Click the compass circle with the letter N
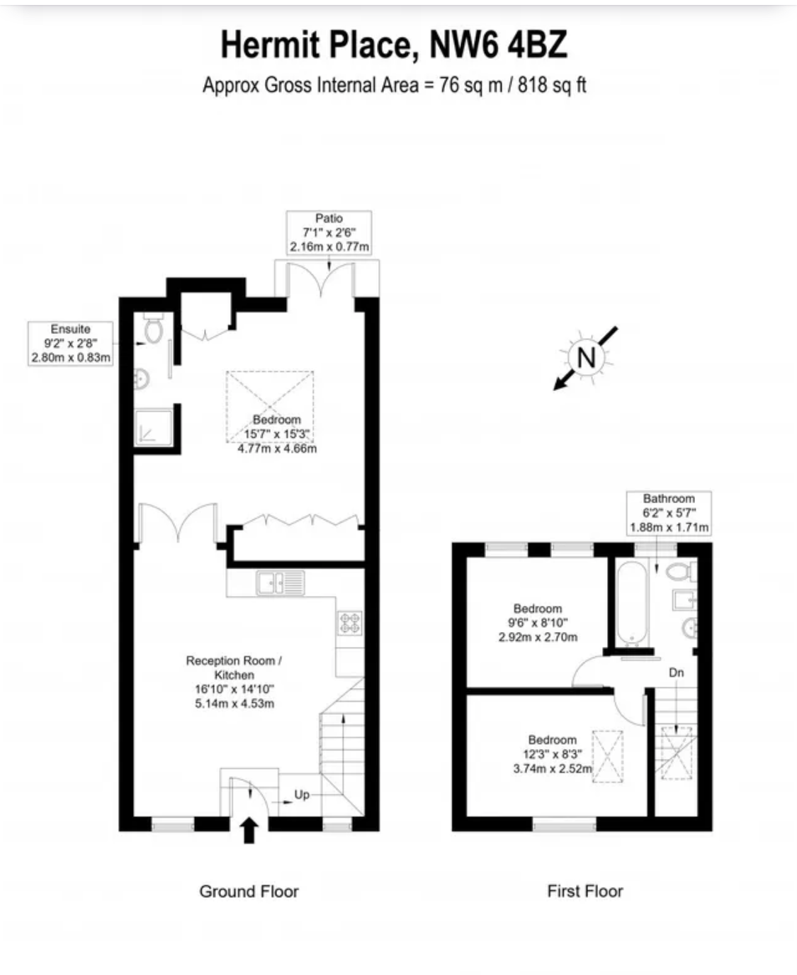pos(586,357)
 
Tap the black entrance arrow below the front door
pos(249,830)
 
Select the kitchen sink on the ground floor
pos(281,582)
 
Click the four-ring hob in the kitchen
pos(349,623)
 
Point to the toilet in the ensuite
pos(153,328)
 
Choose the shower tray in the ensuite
pos(153,427)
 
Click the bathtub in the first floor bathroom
pos(633,602)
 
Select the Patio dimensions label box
pos(329,232)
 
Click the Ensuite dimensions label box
pos(70,344)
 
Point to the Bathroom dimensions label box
pos(669,513)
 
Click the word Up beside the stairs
pos(302,794)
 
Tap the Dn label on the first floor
pos(676,672)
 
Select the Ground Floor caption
pos(249,891)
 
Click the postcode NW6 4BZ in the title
pos(498,45)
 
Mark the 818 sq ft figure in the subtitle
pos(552,85)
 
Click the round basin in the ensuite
pos(142,380)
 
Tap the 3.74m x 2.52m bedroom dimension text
pos(553,768)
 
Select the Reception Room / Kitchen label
pos(234,667)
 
